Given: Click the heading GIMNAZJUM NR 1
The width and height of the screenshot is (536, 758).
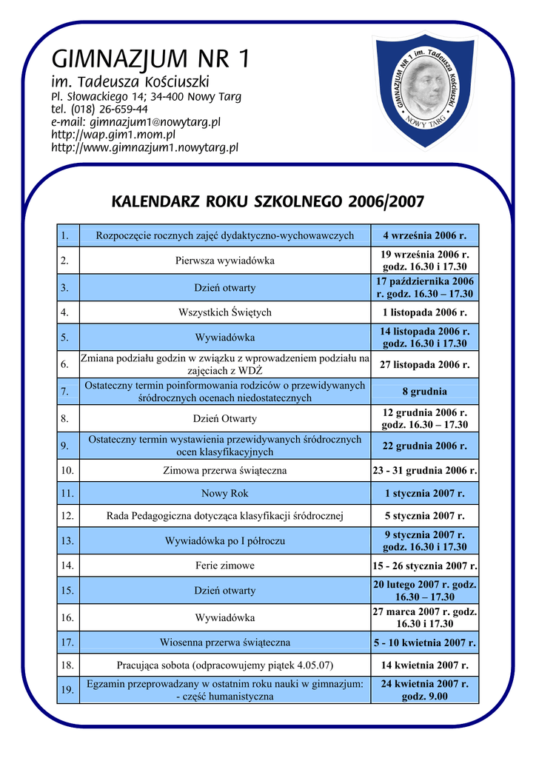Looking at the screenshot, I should coord(150,57).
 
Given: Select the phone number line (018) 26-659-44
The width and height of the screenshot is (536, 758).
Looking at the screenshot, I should coord(99,109).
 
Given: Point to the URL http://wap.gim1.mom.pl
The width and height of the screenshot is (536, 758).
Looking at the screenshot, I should coord(113,135).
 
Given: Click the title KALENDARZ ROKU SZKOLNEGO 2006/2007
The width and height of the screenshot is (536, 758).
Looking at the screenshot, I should coord(267,201).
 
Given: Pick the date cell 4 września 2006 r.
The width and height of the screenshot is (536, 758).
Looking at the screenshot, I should coord(424,236).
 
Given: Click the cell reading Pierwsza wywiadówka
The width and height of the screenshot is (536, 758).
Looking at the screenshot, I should coord(224,261).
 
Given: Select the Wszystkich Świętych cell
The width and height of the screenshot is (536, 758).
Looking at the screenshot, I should coord(224,312).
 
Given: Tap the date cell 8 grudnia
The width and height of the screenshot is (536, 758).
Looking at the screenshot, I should coord(424,392).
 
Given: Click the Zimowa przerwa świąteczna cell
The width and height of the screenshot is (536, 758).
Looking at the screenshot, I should coord(224,470).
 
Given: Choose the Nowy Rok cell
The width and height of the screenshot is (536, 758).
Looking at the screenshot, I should coord(224,493).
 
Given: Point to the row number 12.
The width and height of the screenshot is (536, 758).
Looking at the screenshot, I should coord(67,515).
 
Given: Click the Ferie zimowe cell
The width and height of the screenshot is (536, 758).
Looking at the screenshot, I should coord(224,566).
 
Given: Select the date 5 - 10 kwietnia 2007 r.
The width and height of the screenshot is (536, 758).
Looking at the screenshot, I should coord(424,643).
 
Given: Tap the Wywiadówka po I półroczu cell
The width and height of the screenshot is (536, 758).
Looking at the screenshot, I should coord(224,541).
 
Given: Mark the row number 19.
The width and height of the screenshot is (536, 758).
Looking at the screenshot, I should coord(67,690).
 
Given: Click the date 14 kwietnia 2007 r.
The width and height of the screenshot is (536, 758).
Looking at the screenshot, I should coord(424,665).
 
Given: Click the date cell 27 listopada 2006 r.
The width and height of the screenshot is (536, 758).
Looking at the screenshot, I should coord(424,364).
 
